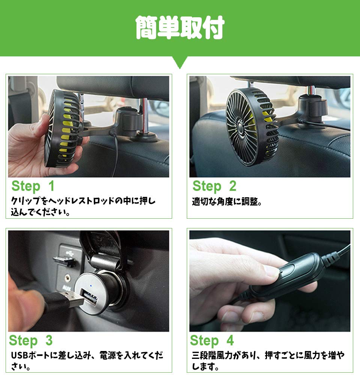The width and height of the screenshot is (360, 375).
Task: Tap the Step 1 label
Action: [x=33, y=186]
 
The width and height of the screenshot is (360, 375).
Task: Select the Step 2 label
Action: [x=214, y=186]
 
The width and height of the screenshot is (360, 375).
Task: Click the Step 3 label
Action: [x=31, y=340]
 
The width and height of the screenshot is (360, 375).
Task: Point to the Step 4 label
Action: [x=212, y=340]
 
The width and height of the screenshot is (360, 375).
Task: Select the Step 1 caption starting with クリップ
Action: [x=82, y=207]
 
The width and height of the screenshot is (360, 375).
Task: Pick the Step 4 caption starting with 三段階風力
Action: [x=268, y=360]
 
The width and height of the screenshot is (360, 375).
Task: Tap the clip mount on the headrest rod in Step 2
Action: [x=311, y=109]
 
